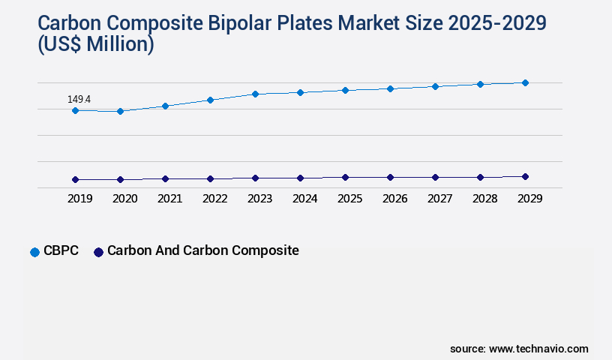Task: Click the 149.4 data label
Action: click(x=79, y=99)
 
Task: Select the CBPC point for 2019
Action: click(x=75, y=110)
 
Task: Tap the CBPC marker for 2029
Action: click(x=525, y=82)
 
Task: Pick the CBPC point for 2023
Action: click(x=255, y=94)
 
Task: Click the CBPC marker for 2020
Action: click(x=120, y=111)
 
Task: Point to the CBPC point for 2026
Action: click(x=390, y=88)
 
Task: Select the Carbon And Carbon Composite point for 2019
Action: click(x=75, y=179)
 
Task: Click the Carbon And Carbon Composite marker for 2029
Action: click(x=525, y=176)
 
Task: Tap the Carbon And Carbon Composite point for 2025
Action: click(x=345, y=177)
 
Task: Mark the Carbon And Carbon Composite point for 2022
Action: click(x=210, y=178)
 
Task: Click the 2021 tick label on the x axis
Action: click(x=169, y=199)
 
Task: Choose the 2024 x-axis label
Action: click(x=304, y=199)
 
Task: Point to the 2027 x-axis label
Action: click(x=439, y=199)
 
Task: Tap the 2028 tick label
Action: click(x=484, y=199)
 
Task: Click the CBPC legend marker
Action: click(x=34, y=252)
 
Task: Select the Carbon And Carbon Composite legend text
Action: click(x=202, y=250)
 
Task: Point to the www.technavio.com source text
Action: click(x=538, y=349)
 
